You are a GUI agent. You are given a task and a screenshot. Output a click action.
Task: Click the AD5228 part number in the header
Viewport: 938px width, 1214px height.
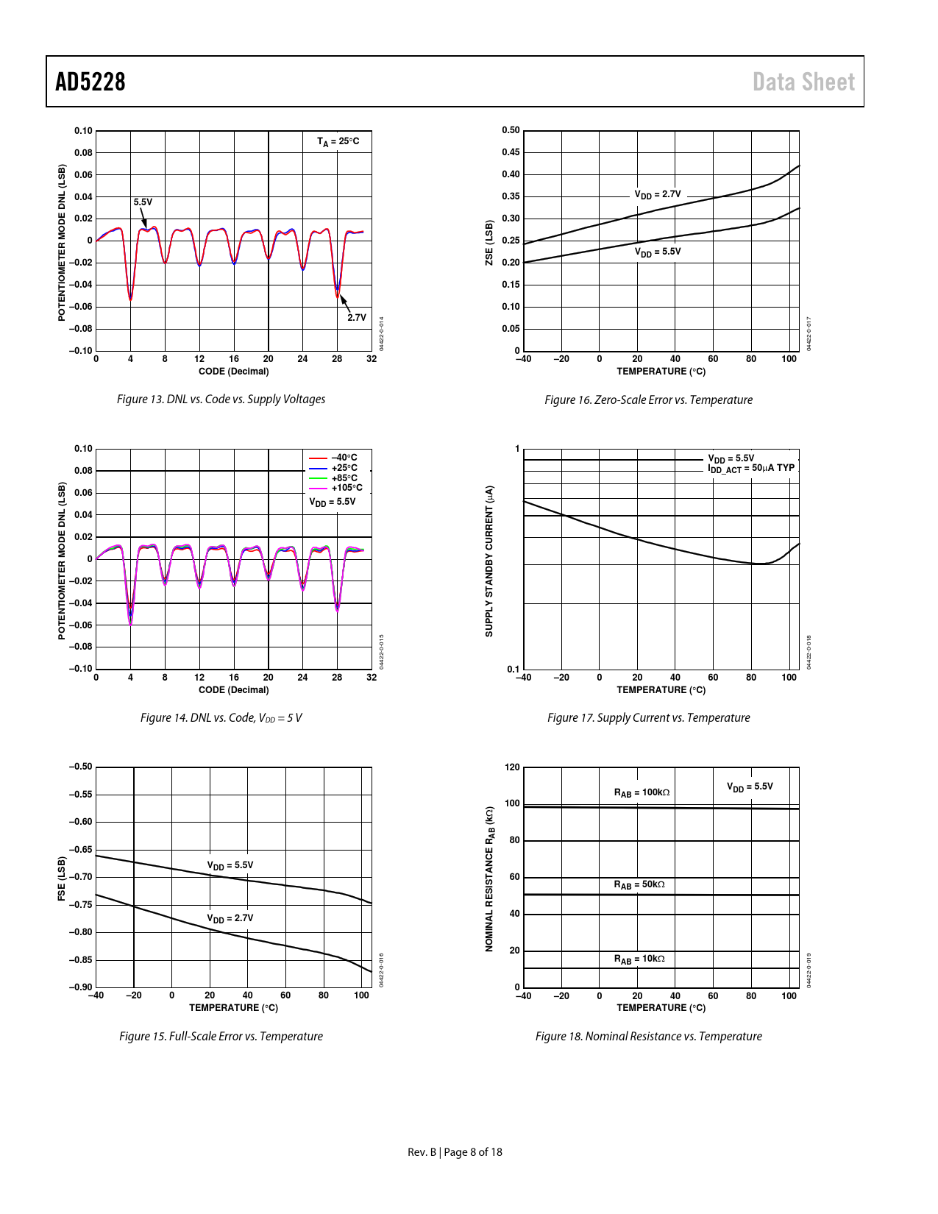pyautogui.click(x=90, y=82)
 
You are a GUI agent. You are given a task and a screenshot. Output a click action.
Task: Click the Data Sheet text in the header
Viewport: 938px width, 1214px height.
pyautogui.click(x=803, y=82)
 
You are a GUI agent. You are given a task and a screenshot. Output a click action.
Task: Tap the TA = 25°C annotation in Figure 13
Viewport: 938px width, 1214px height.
pyautogui.click(x=338, y=141)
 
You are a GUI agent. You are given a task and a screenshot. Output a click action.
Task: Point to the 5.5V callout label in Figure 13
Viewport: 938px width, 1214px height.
pyautogui.click(x=143, y=202)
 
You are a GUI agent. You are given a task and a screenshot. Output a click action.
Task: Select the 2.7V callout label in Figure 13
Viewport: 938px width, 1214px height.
pyautogui.click(x=357, y=317)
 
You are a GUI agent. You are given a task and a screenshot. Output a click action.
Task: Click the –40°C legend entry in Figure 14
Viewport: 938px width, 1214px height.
pyautogui.click(x=344, y=458)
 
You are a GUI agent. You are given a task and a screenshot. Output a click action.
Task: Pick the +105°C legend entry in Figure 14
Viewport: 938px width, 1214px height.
pyautogui.click(x=347, y=488)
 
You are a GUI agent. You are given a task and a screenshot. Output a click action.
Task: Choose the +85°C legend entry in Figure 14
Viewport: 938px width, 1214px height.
pyautogui.click(x=344, y=478)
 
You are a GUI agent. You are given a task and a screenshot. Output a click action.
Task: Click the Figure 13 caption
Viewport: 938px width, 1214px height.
pyautogui.click(x=221, y=399)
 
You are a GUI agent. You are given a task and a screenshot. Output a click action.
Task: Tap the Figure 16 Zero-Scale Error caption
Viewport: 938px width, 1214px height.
pyautogui.click(x=648, y=400)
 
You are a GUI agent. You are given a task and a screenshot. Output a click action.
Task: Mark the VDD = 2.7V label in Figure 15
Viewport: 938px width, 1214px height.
pyautogui.click(x=230, y=918)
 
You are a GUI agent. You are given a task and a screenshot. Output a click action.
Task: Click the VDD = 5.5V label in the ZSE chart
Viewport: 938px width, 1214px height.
pyautogui.click(x=658, y=252)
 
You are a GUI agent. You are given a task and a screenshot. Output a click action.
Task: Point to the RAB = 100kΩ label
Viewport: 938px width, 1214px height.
pyautogui.click(x=642, y=792)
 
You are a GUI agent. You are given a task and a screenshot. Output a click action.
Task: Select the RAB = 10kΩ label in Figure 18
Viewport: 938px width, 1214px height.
pyautogui.click(x=639, y=959)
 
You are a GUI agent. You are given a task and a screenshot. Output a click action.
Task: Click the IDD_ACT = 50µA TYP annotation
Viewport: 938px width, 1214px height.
pyautogui.click(x=751, y=468)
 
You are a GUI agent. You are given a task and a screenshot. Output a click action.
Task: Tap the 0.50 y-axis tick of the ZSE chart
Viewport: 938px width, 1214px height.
pyautogui.click(x=511, y=130)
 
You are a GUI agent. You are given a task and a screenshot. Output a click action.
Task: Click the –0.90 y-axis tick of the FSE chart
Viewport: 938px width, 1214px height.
pyautogui.click(x=81, y=987)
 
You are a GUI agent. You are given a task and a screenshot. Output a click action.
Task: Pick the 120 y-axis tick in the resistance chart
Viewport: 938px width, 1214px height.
pyautogui.click(x=512, y=767)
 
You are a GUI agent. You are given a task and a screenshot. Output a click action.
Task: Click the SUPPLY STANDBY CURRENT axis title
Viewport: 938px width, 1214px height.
pyautogui.click(x=489, y=561)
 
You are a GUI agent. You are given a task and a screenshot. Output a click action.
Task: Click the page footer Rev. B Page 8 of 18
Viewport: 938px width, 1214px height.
pyautogui.click(x=455, y=1151)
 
